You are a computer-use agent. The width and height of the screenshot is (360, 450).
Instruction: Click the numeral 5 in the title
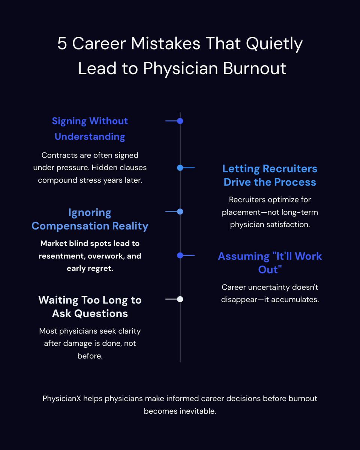click(62, 44)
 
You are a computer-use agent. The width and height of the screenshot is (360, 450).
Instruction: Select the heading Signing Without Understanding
click(90, 129)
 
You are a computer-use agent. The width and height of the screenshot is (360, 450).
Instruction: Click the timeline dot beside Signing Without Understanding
click(180, 121)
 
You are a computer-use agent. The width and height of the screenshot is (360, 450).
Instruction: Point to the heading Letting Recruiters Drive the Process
click(270, 175)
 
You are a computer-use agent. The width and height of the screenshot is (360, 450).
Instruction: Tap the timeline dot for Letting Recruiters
click(180, 168)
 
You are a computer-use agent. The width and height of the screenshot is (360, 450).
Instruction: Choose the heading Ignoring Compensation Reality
click(90, 219)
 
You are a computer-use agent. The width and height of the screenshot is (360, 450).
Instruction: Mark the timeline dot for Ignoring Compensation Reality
click(180, 212)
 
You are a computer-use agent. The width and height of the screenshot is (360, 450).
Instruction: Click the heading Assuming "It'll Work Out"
click(270, 262)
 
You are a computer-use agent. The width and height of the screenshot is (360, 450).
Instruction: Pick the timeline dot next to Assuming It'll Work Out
click(180, 255)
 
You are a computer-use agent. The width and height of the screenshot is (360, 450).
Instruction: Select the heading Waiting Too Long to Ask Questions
click(90, 306)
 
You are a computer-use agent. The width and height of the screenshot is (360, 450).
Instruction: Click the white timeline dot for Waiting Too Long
click(180, 299)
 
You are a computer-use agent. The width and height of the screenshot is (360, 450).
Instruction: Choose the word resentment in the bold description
click(59, 256)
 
